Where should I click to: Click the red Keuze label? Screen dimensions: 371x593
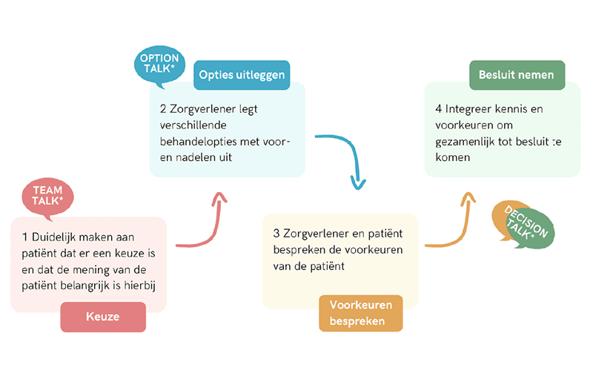coord(103,317)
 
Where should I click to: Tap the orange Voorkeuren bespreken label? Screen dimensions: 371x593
coord(361,312)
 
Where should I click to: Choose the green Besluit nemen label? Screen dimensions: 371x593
coord(517,75)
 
